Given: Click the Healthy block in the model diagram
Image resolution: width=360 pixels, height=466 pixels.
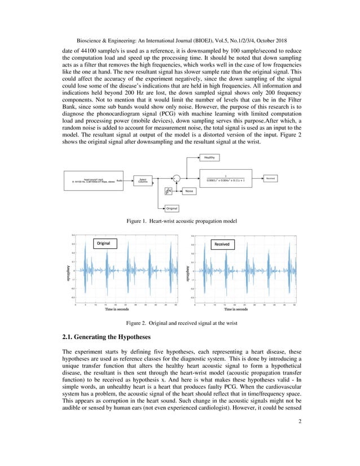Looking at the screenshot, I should click(x=210, y=158).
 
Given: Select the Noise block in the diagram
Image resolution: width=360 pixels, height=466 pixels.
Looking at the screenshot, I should click(x=191, y=191).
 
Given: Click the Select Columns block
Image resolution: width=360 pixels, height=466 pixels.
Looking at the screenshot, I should click(x=143, y=180).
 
